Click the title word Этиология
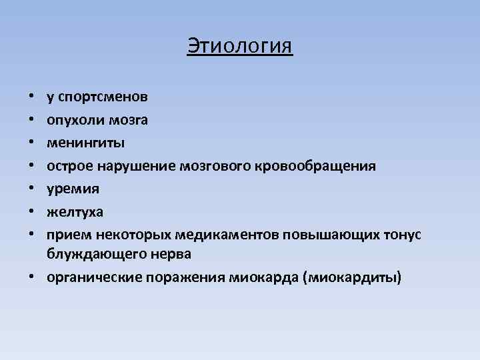239,47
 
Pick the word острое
66,166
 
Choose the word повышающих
323,235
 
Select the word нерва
171,254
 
